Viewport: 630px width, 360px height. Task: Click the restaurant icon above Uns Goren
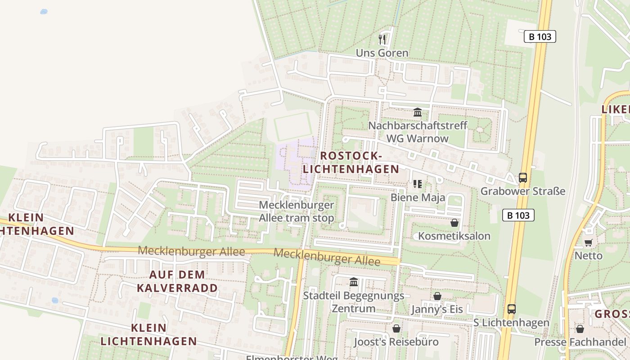pyautogui.click(x=382, y=39)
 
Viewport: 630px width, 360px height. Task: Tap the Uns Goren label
pyautogui.click(x=382, y=53)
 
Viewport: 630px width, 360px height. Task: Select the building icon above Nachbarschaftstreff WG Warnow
pyautogui.click(x=417, y=112)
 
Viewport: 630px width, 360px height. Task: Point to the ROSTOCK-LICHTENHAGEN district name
pyautogui.click(x=351, y=162)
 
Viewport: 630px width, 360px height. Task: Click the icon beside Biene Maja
pyautogui.click(x=417, y=184)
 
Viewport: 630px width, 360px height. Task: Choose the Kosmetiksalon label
pyautogui.click(x=454, y=236)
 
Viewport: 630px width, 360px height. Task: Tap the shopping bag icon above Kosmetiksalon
pyautogui.click(x=454, y=222)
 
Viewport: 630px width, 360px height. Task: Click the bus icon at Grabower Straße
pyautogui.click(x=522, y=177)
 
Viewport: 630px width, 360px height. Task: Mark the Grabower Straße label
pyautogui.click(x=522, y=191)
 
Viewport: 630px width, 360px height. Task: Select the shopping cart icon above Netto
pyautogui.click(x=588, y=243)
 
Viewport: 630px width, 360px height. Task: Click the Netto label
pyautogui.click(x=588, y=256)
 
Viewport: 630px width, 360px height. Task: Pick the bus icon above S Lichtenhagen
pyautogui.click(x=511, y=309)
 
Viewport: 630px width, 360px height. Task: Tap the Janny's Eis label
pyautogui.click(x=436, y=310)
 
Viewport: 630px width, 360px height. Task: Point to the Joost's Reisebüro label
pyautogui.click(x=396, y=342)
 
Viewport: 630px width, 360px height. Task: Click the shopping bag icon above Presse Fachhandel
pyautogui.click(x=580, y=329)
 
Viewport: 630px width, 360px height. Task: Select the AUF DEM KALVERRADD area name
pyautogui.click(x=177, y=281)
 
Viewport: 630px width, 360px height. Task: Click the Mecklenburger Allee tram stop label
pyautogui.click(x=297, y=211)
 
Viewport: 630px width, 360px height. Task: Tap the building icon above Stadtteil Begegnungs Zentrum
pyautogui.click(x=354, y=282)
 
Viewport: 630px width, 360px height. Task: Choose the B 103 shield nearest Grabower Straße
pyautogui.click(x=518, y=215)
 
